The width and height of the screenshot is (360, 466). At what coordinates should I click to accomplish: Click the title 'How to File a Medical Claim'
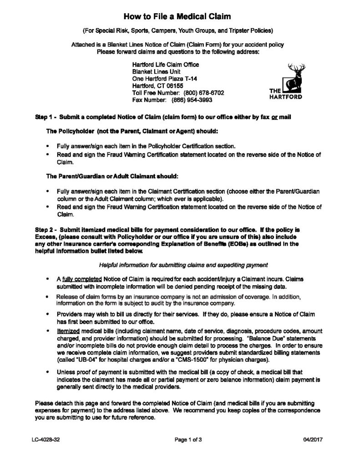180,17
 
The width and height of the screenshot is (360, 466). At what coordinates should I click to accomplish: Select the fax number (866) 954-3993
191,100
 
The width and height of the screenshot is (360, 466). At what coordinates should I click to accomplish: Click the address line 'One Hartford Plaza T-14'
163,78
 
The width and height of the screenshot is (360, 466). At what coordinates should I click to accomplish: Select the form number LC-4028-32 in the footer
46,440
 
